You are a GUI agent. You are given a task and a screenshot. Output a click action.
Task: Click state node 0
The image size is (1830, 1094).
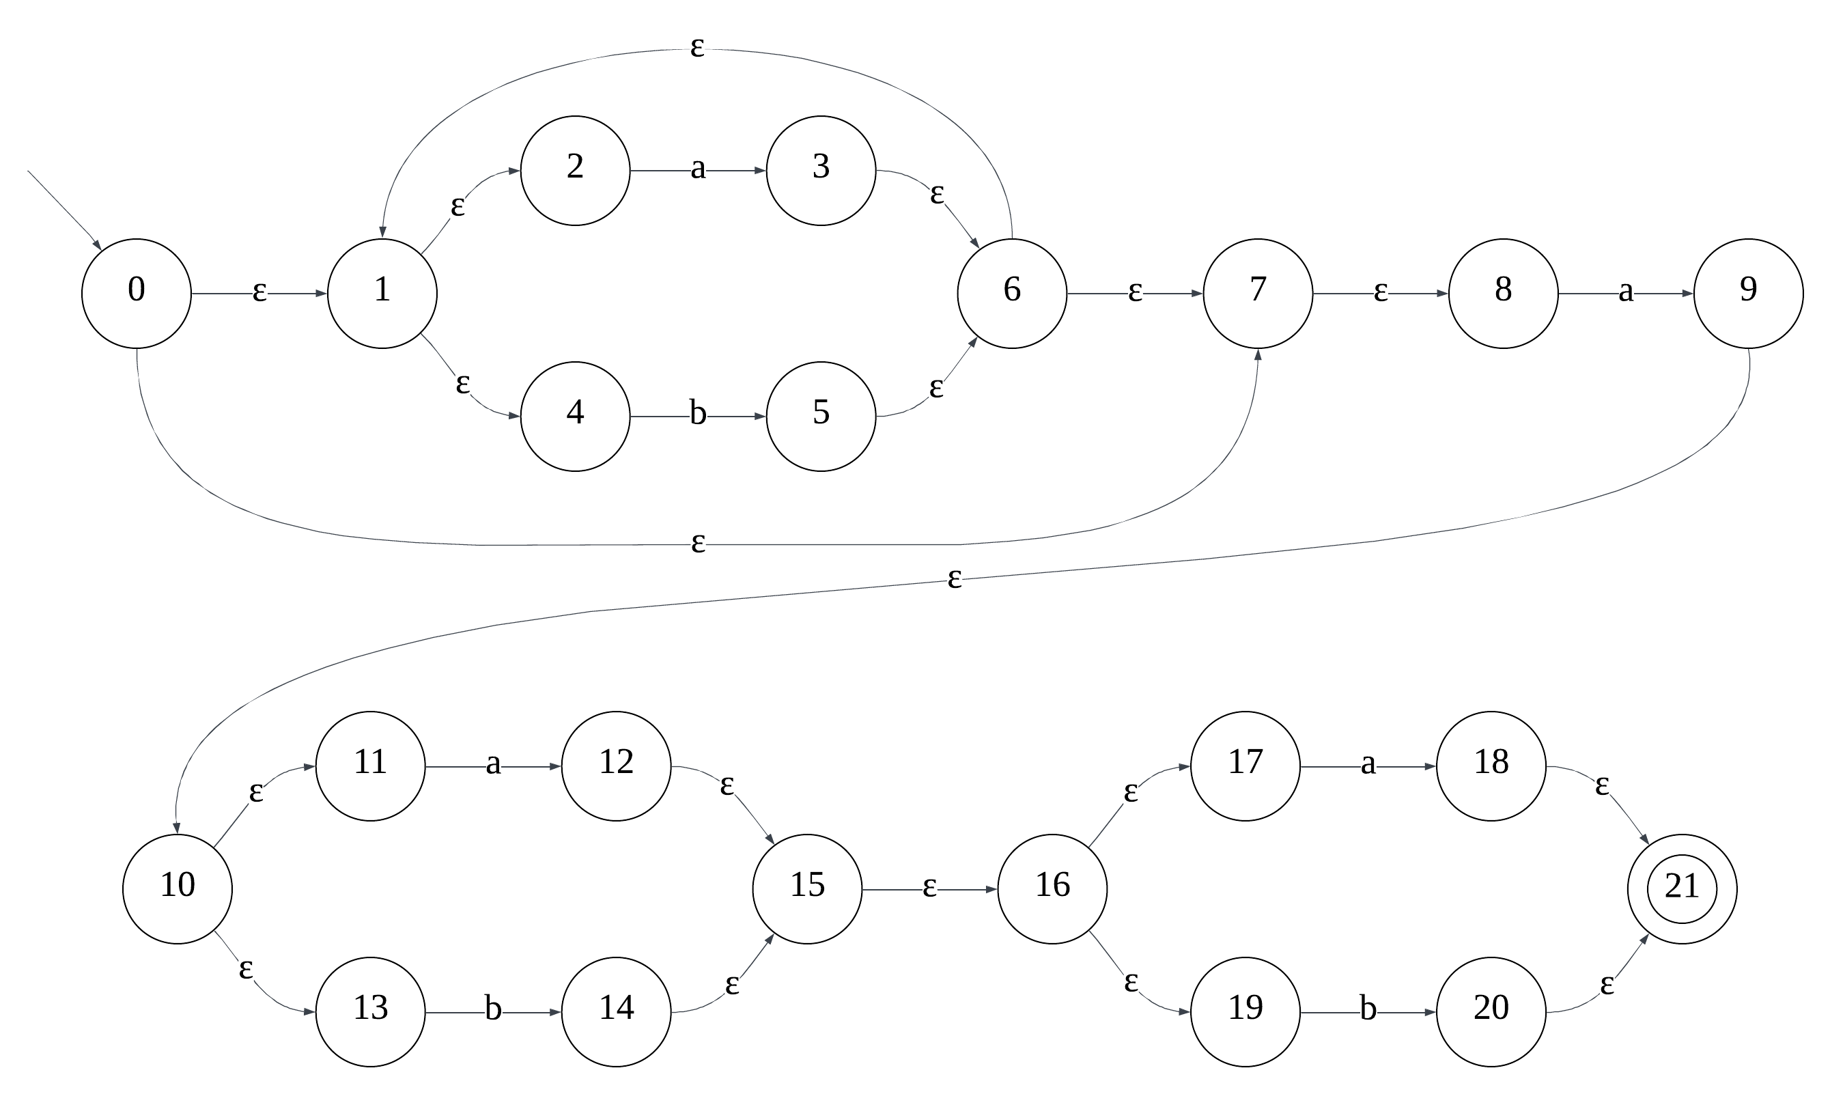pyautogui.click(x=137, y=294)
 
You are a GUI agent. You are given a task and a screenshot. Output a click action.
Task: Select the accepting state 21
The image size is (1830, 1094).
pyautogui.click(x=1682, y=889)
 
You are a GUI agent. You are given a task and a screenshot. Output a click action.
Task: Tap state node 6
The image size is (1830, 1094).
pyautogui.click(x=1012, y=294)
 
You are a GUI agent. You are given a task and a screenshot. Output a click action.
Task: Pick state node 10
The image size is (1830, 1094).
pyautogui.click(x=178, y=889)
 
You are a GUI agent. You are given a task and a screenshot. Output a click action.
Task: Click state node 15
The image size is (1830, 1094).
pyautogui.click(x=807, y=889)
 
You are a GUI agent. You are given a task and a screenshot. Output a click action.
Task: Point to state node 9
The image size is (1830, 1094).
pyautogui.click(x=1748, y=294)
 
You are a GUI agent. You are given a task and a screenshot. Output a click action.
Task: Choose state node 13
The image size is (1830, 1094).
pyautogui.click(x=370, y=1012)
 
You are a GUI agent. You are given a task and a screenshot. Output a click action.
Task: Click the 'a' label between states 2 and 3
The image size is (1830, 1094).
pyautogui.click(x=698, y=169)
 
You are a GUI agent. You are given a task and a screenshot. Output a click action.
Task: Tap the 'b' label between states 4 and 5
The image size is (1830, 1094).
pyautogui.click(x=698, y=415)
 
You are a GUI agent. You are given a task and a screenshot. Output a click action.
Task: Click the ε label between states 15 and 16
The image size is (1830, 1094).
pyautogui.click(x=929, y=888)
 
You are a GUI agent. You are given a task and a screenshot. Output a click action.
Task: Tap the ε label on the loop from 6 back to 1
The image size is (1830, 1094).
pyautogui.click(x=697, y=48)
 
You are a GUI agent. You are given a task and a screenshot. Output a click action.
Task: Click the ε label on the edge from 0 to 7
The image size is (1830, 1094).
pyautogui.click(x=698, y=544)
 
